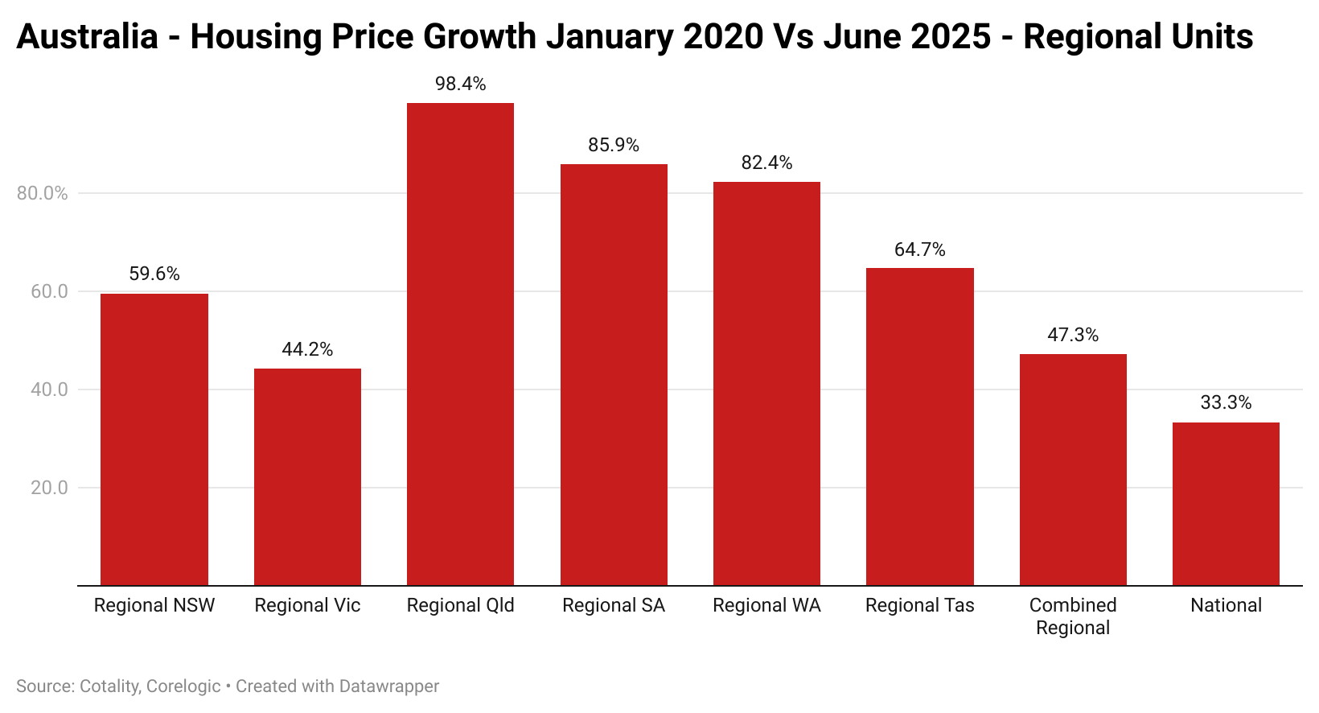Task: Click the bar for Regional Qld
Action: pos(460,344)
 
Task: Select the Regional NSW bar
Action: pos(154,439)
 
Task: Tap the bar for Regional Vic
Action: pos(307,476)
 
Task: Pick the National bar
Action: pos(1226,504)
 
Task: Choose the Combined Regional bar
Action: pos(1073,470)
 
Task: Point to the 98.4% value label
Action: pos(460,84)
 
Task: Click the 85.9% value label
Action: pos(614,145)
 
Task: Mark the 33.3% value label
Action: pos(1226,402)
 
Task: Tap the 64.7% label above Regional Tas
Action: pos(919,249)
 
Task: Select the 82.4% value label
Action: pos(766,163)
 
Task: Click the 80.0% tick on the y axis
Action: pos(43,193)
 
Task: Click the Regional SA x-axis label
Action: pos(614,605)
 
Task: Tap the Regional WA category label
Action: pos(766,605)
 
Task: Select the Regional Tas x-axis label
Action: pos(919,605)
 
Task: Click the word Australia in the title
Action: pos(87,37)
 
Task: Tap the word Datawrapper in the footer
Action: pos(389,686)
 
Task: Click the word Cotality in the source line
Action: pos(109,686)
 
